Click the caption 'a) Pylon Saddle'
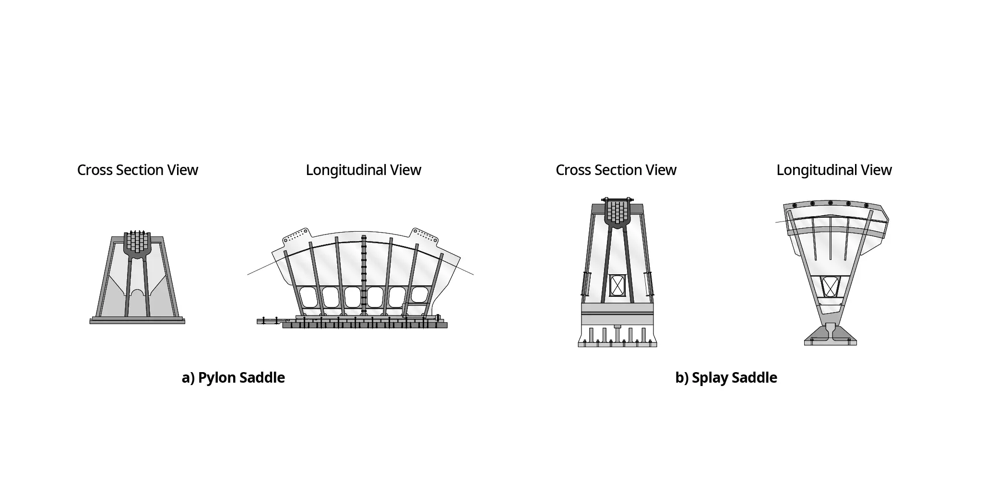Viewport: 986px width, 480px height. pos(233,378)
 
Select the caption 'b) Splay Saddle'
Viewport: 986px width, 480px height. pos(726,378)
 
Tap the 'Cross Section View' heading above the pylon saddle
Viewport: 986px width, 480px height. pos(137,170)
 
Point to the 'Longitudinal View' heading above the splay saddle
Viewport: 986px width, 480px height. pos(834,170)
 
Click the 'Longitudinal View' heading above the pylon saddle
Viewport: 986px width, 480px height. pos(363,170)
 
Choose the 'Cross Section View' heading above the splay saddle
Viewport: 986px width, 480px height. pos(616,170)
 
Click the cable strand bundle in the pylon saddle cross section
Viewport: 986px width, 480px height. pos(138,242)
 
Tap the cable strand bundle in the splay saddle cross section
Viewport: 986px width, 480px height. pos(618,211)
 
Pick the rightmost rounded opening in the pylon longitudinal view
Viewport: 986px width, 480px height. pos(419,295)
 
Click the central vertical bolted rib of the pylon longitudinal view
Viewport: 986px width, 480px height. pos(364,273)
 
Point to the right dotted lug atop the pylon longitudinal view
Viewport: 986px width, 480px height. pos(425,234)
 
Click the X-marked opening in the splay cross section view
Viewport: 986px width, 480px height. pos(618,286)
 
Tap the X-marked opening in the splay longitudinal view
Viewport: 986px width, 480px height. pos(830,287)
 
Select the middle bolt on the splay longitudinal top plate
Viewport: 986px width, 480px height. pos(831,203)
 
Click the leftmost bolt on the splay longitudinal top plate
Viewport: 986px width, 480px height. pos(795,206)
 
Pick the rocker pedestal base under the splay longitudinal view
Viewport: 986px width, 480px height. pos(831,336)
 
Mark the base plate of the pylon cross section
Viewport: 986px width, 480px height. pos(137,321)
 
